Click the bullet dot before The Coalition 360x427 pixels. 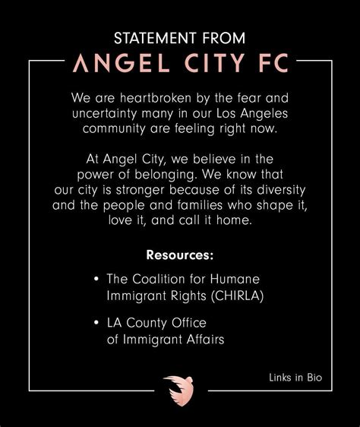click(96, 279)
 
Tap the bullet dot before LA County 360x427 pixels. click(96, 324)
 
